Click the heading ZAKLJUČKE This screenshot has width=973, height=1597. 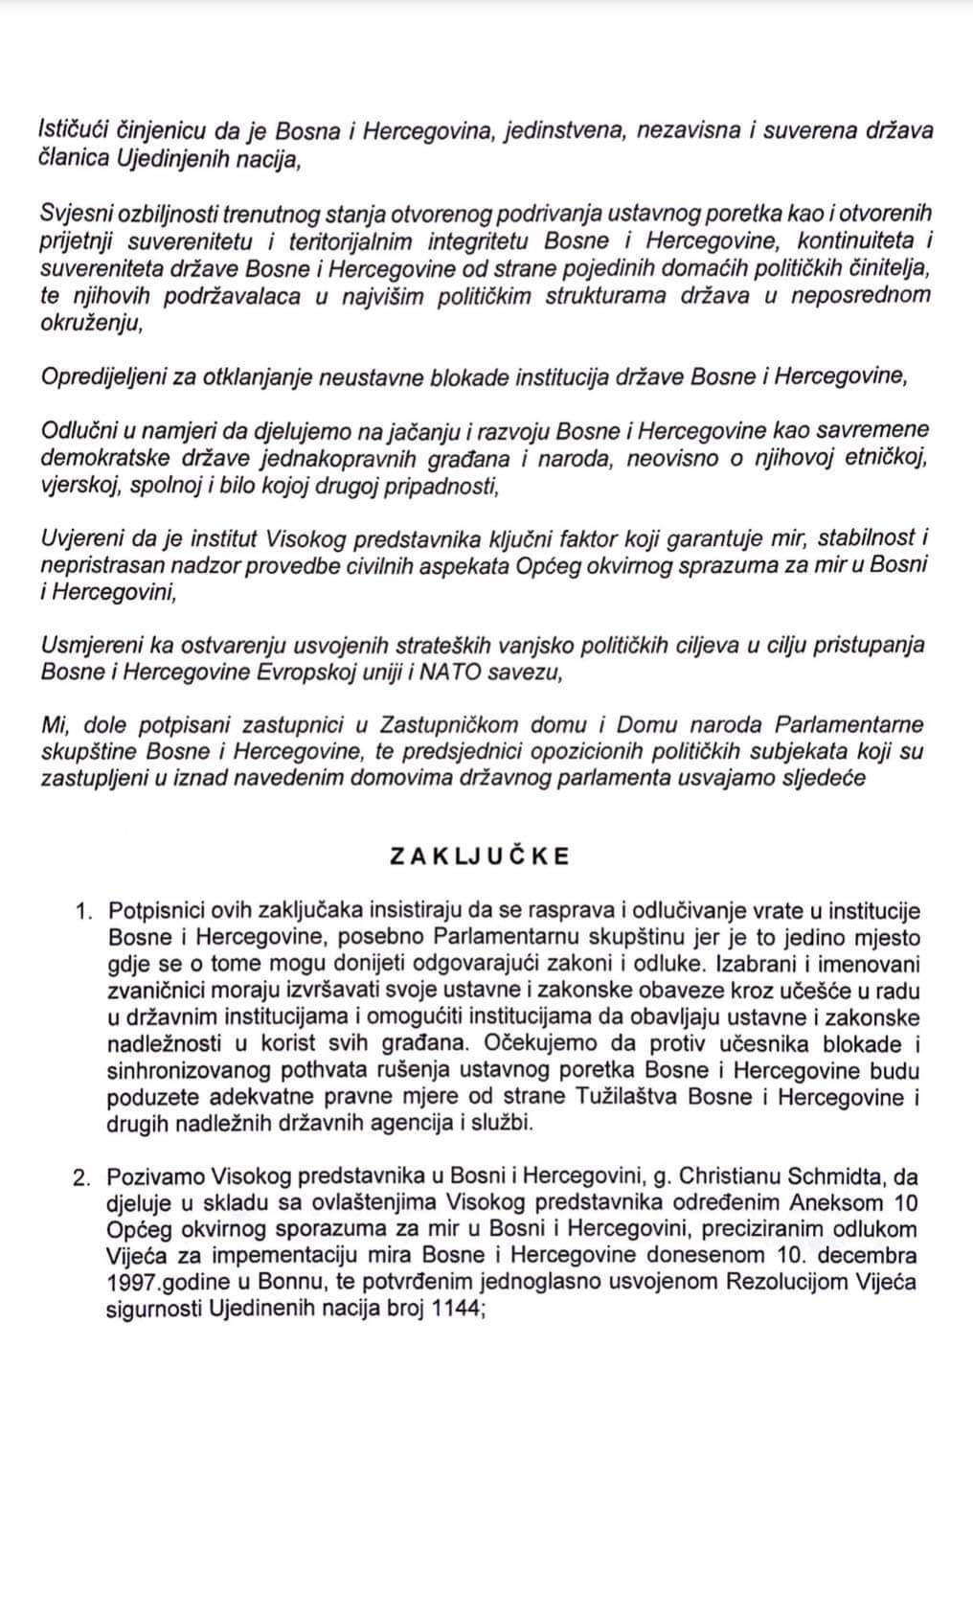479,856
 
